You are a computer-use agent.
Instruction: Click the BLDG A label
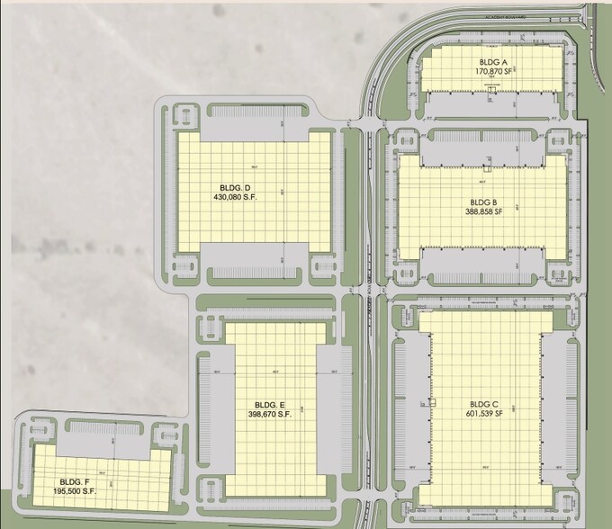pos(491,60)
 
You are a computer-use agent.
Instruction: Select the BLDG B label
pos(485,203)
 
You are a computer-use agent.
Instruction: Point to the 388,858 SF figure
pos(485,212)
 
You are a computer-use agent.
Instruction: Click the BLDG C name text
pos(485,405)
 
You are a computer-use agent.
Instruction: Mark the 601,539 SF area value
pos(485,415)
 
